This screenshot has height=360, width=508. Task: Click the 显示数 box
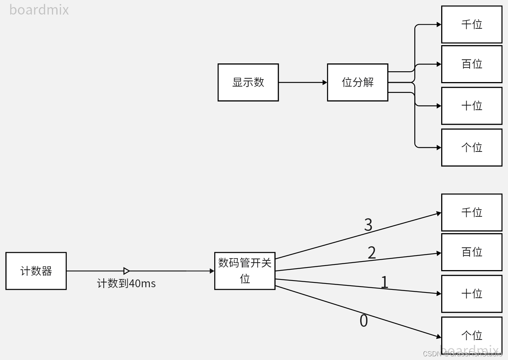(x=248, y=82)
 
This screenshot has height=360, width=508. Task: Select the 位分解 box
(x=358, y=82)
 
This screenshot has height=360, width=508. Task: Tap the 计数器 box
(x=36, y=271)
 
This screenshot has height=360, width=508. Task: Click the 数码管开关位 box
(x=245, y=271)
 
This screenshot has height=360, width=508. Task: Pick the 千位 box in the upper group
(x=472, y=25)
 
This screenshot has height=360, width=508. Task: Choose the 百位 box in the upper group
(x=472, y=64)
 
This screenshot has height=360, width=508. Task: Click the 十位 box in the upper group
(x=472, y=106)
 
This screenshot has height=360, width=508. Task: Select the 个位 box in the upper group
(x=472, y=148)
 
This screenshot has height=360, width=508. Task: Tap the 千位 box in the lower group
(x=472, y=213)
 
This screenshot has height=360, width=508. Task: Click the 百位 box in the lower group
(x=472, y=252)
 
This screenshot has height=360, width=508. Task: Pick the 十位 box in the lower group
(x=472, y=294)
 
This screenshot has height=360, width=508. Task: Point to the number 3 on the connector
(x=368, y=225)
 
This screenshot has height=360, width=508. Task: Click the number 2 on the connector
(x=372, y=253)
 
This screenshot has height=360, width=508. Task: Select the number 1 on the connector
(x=384, y=282)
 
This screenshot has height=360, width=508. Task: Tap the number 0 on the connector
(x=364, y=321)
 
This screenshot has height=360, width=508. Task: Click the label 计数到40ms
(x=126, y=284)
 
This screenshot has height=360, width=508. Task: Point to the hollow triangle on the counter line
(x=127, y=271)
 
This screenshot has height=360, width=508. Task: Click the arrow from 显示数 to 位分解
(x=302, y=82)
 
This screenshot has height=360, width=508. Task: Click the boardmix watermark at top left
(x=39, y=10)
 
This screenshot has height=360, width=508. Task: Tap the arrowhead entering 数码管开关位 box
(x=212, y=271)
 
